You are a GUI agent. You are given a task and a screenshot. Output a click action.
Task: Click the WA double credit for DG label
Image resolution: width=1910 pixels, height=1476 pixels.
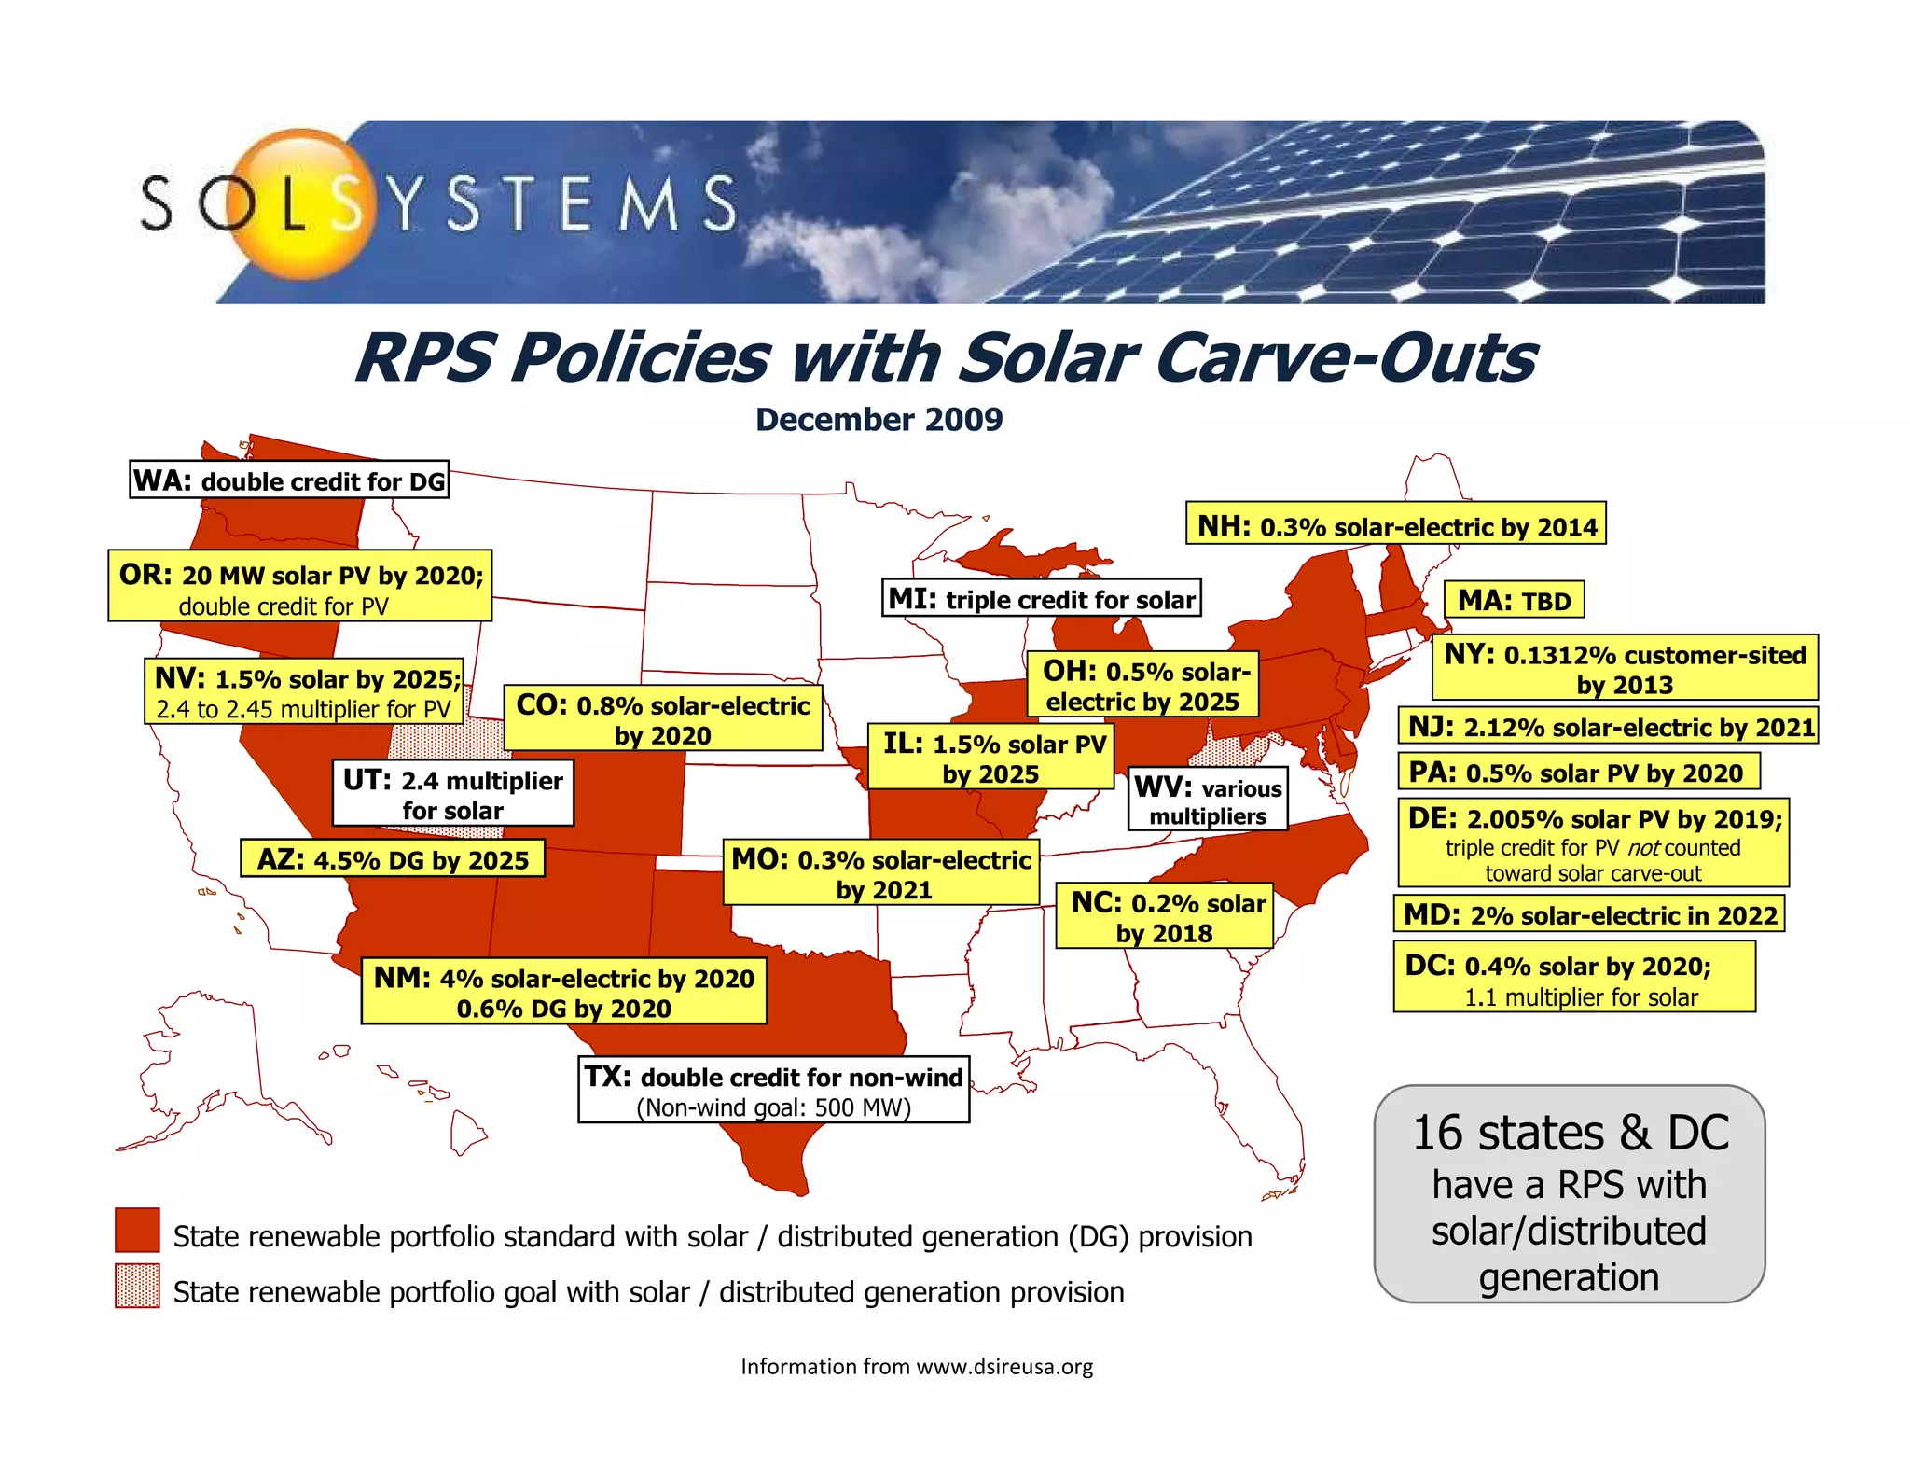[289, 480]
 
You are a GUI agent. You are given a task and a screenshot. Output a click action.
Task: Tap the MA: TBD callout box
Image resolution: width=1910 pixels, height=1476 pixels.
[1514, 600]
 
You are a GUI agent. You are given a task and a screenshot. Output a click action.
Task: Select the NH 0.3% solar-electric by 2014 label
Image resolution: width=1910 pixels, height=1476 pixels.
[1395, 526]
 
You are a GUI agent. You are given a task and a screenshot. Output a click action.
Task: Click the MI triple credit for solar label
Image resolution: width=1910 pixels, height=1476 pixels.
[1041, 598]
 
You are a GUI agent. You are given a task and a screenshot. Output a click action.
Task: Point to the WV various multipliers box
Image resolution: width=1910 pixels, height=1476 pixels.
[1208, 801]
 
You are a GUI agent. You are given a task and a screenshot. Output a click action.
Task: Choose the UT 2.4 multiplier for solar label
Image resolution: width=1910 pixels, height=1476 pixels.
[452, 794]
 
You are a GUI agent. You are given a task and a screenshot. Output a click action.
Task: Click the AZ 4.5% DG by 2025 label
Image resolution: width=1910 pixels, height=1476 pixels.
[393, 859]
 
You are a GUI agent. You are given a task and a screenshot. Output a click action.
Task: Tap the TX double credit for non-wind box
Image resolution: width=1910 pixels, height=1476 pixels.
[773, 1090]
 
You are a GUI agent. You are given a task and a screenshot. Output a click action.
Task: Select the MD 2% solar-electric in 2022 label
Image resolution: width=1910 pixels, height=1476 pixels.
[1589, 914]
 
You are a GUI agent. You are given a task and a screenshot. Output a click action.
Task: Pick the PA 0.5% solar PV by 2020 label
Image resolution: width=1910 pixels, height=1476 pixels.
[1578, 773]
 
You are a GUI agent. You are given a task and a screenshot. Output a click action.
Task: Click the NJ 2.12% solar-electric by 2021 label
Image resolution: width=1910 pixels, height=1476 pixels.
[1609, 726]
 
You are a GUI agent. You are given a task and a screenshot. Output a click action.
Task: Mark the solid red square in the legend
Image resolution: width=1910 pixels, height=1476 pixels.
[137, 1231]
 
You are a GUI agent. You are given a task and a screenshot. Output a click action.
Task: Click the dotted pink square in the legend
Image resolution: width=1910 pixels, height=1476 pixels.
[137, 1287]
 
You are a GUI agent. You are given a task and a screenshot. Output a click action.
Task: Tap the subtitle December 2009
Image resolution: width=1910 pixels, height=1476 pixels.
[879, 420]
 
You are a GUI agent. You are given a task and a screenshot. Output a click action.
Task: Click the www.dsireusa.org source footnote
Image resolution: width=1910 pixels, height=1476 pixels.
[916, 1367]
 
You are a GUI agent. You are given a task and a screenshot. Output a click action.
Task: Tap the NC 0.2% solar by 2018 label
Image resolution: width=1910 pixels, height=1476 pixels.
[1165, 917]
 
